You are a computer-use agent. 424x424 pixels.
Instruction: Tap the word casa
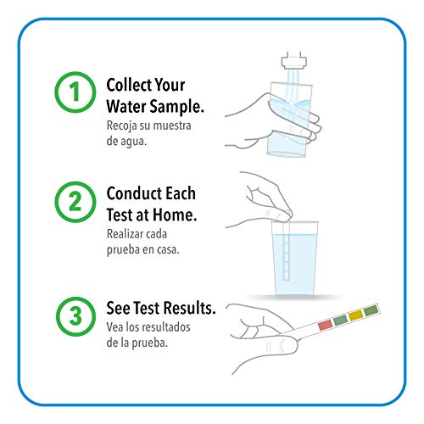click(x=167, y=251)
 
